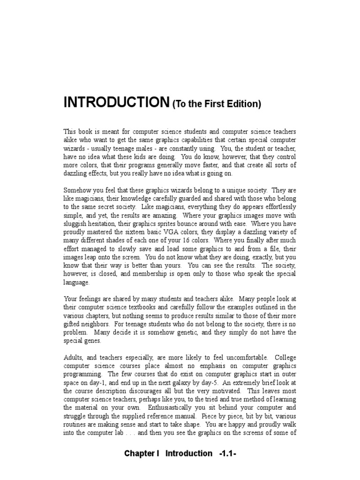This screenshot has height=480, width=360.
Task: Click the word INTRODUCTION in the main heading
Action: (116, 102)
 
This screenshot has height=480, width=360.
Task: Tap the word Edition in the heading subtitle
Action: (243, 105)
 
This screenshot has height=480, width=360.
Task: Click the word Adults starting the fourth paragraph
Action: (73, 358)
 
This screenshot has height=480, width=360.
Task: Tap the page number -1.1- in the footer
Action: (227, 453)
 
